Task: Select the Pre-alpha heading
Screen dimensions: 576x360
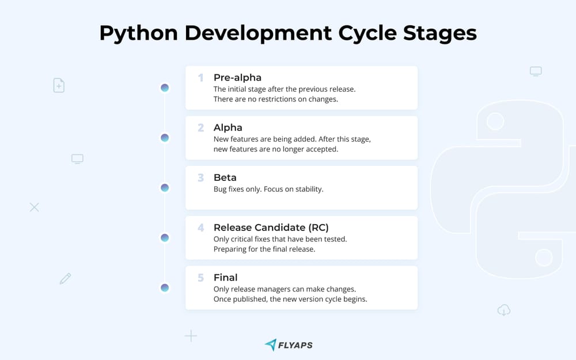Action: (237, 78)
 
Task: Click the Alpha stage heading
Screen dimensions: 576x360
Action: (228, 127)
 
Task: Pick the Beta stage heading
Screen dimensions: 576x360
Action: (225, 177)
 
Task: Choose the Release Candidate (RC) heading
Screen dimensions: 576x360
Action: (271, 228)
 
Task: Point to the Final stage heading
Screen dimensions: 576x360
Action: (226, 278)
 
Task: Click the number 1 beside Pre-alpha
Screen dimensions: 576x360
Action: (200, 78)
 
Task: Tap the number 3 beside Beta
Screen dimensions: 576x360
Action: (200, 177)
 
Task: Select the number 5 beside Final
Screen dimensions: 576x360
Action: (200, 278)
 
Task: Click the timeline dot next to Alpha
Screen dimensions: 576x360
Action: (165, 138)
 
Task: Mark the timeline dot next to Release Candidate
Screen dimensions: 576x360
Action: (165, 238)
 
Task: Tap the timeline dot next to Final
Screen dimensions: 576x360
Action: (165, 287)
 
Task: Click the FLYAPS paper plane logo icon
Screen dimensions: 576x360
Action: (271, 344)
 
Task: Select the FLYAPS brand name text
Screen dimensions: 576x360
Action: (295, 345)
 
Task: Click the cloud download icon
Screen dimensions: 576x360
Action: (504, 310)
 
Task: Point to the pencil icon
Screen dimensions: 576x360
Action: (66, 279)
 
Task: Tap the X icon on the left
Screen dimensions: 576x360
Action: (34, 207)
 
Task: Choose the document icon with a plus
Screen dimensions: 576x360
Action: (59, 85)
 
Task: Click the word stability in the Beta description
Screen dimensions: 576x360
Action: (309, 189)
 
